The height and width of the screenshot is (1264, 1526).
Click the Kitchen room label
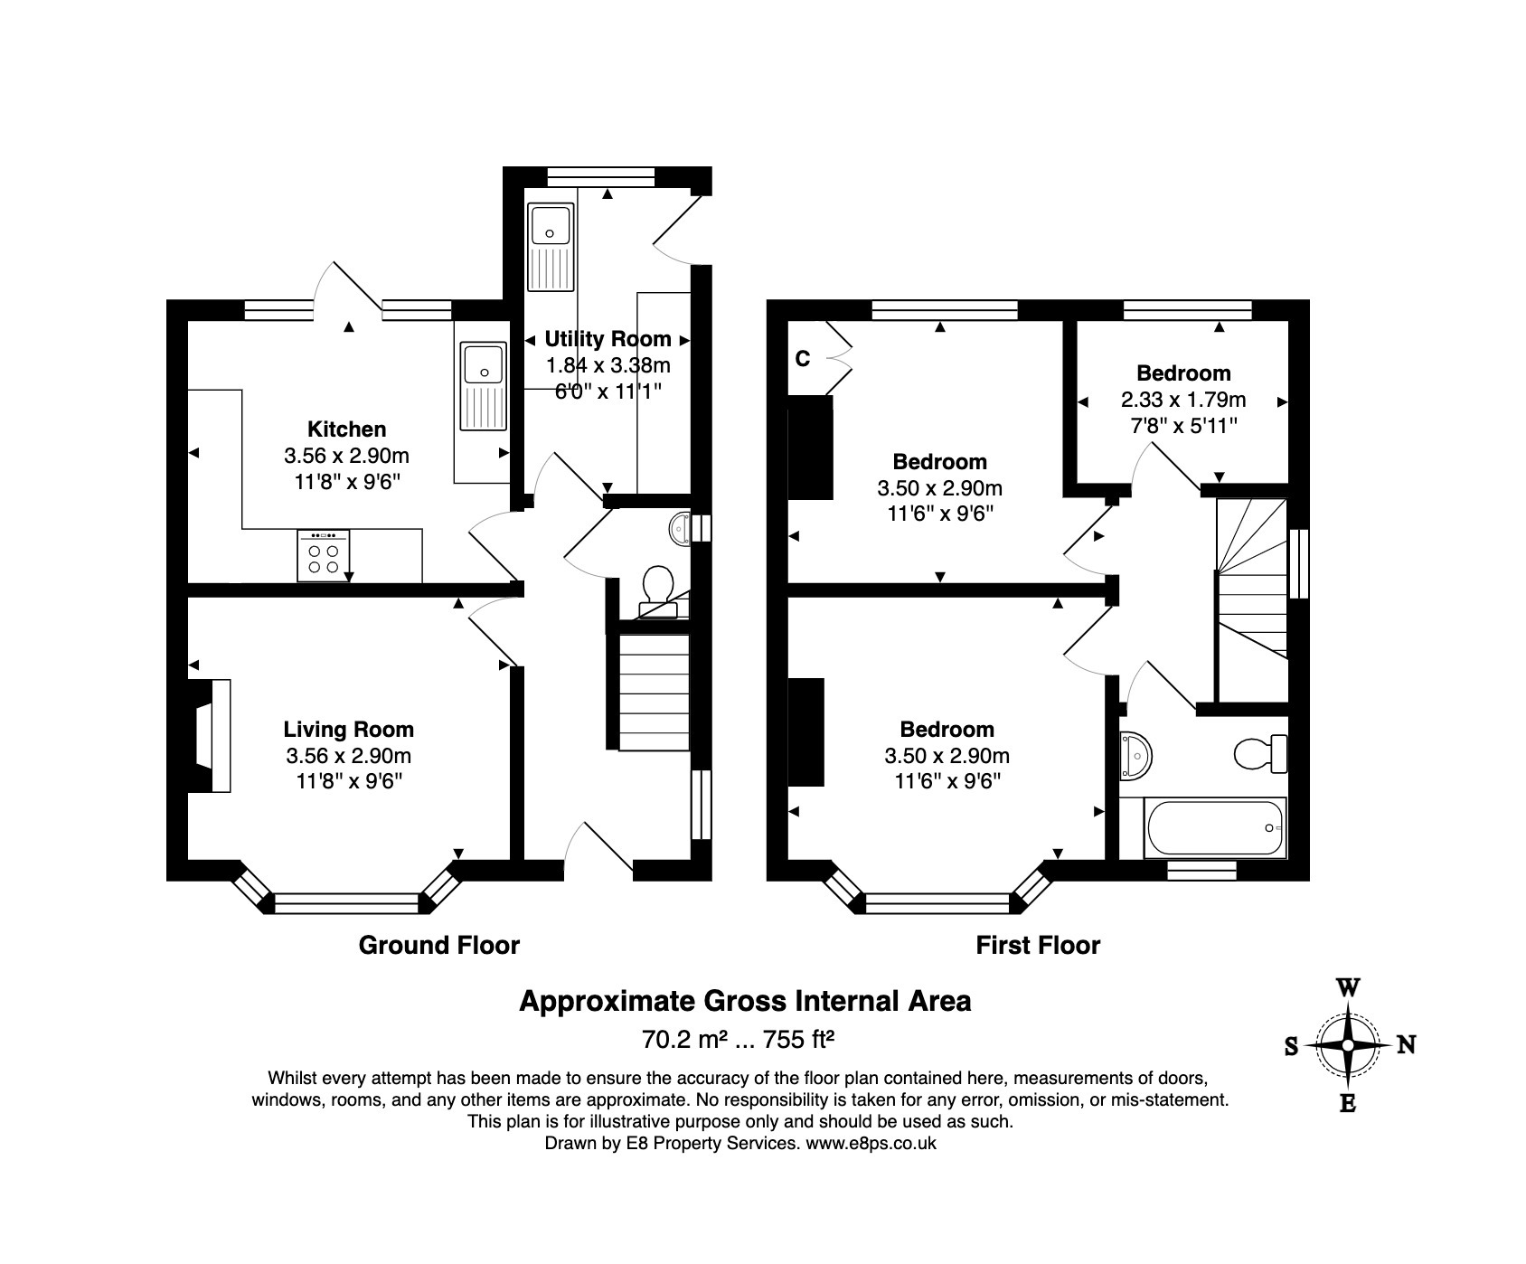346,429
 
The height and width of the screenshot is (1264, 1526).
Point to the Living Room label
348,730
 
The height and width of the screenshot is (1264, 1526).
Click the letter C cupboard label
803,359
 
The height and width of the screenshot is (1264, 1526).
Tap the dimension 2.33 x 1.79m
1182,400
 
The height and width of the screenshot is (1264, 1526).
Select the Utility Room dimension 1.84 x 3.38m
608,365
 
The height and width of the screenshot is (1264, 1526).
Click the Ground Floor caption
439,946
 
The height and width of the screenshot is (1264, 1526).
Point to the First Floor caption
1038,946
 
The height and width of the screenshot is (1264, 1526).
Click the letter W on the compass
1348,987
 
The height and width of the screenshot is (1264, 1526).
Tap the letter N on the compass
1407,1045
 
